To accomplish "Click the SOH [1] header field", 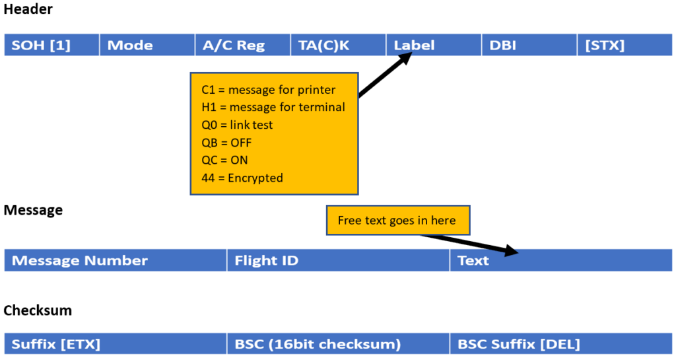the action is (51, 45).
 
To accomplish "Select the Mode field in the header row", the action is (147, 45).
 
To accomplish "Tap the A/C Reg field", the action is (243, 45).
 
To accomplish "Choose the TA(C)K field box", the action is (339, 45).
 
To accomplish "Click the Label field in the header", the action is (434, 45).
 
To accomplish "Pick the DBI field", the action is (529, 45).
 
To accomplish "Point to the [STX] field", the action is (625, 45).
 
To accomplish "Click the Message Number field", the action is (115, 260).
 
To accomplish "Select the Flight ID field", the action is (339, 260).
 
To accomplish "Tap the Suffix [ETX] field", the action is (115, 343).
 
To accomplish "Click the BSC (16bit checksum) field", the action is (339, 343).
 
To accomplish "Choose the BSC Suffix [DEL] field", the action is (561, 343).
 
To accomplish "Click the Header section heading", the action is (28, 9).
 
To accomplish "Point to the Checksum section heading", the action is (38, 310).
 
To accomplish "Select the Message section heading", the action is (33, 210).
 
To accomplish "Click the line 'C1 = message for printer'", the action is (268, 90).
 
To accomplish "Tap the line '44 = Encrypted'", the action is (242, 178).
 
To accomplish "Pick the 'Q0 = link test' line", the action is (237, 125).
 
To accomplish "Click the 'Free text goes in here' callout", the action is (398, 221).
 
